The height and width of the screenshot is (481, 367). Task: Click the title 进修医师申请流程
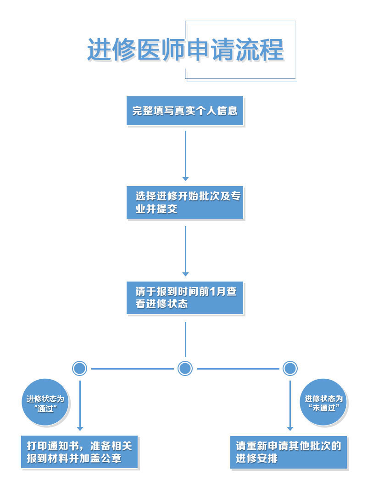(185, 50)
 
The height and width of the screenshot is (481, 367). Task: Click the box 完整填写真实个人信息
(185, 111)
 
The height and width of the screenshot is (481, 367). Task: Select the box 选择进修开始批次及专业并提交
(185, 202)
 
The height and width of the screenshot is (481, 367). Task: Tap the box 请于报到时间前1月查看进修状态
(185, 298)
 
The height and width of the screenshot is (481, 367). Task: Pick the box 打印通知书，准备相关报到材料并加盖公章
(79, 452)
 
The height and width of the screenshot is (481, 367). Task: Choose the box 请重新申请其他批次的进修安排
(289, 452)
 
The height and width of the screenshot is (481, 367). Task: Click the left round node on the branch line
(80, 368)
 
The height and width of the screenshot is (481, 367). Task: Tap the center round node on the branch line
(185, 368)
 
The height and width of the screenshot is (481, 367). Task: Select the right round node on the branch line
(290, 368)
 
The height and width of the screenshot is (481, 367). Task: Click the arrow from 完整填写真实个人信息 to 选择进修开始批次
(185, 156)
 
